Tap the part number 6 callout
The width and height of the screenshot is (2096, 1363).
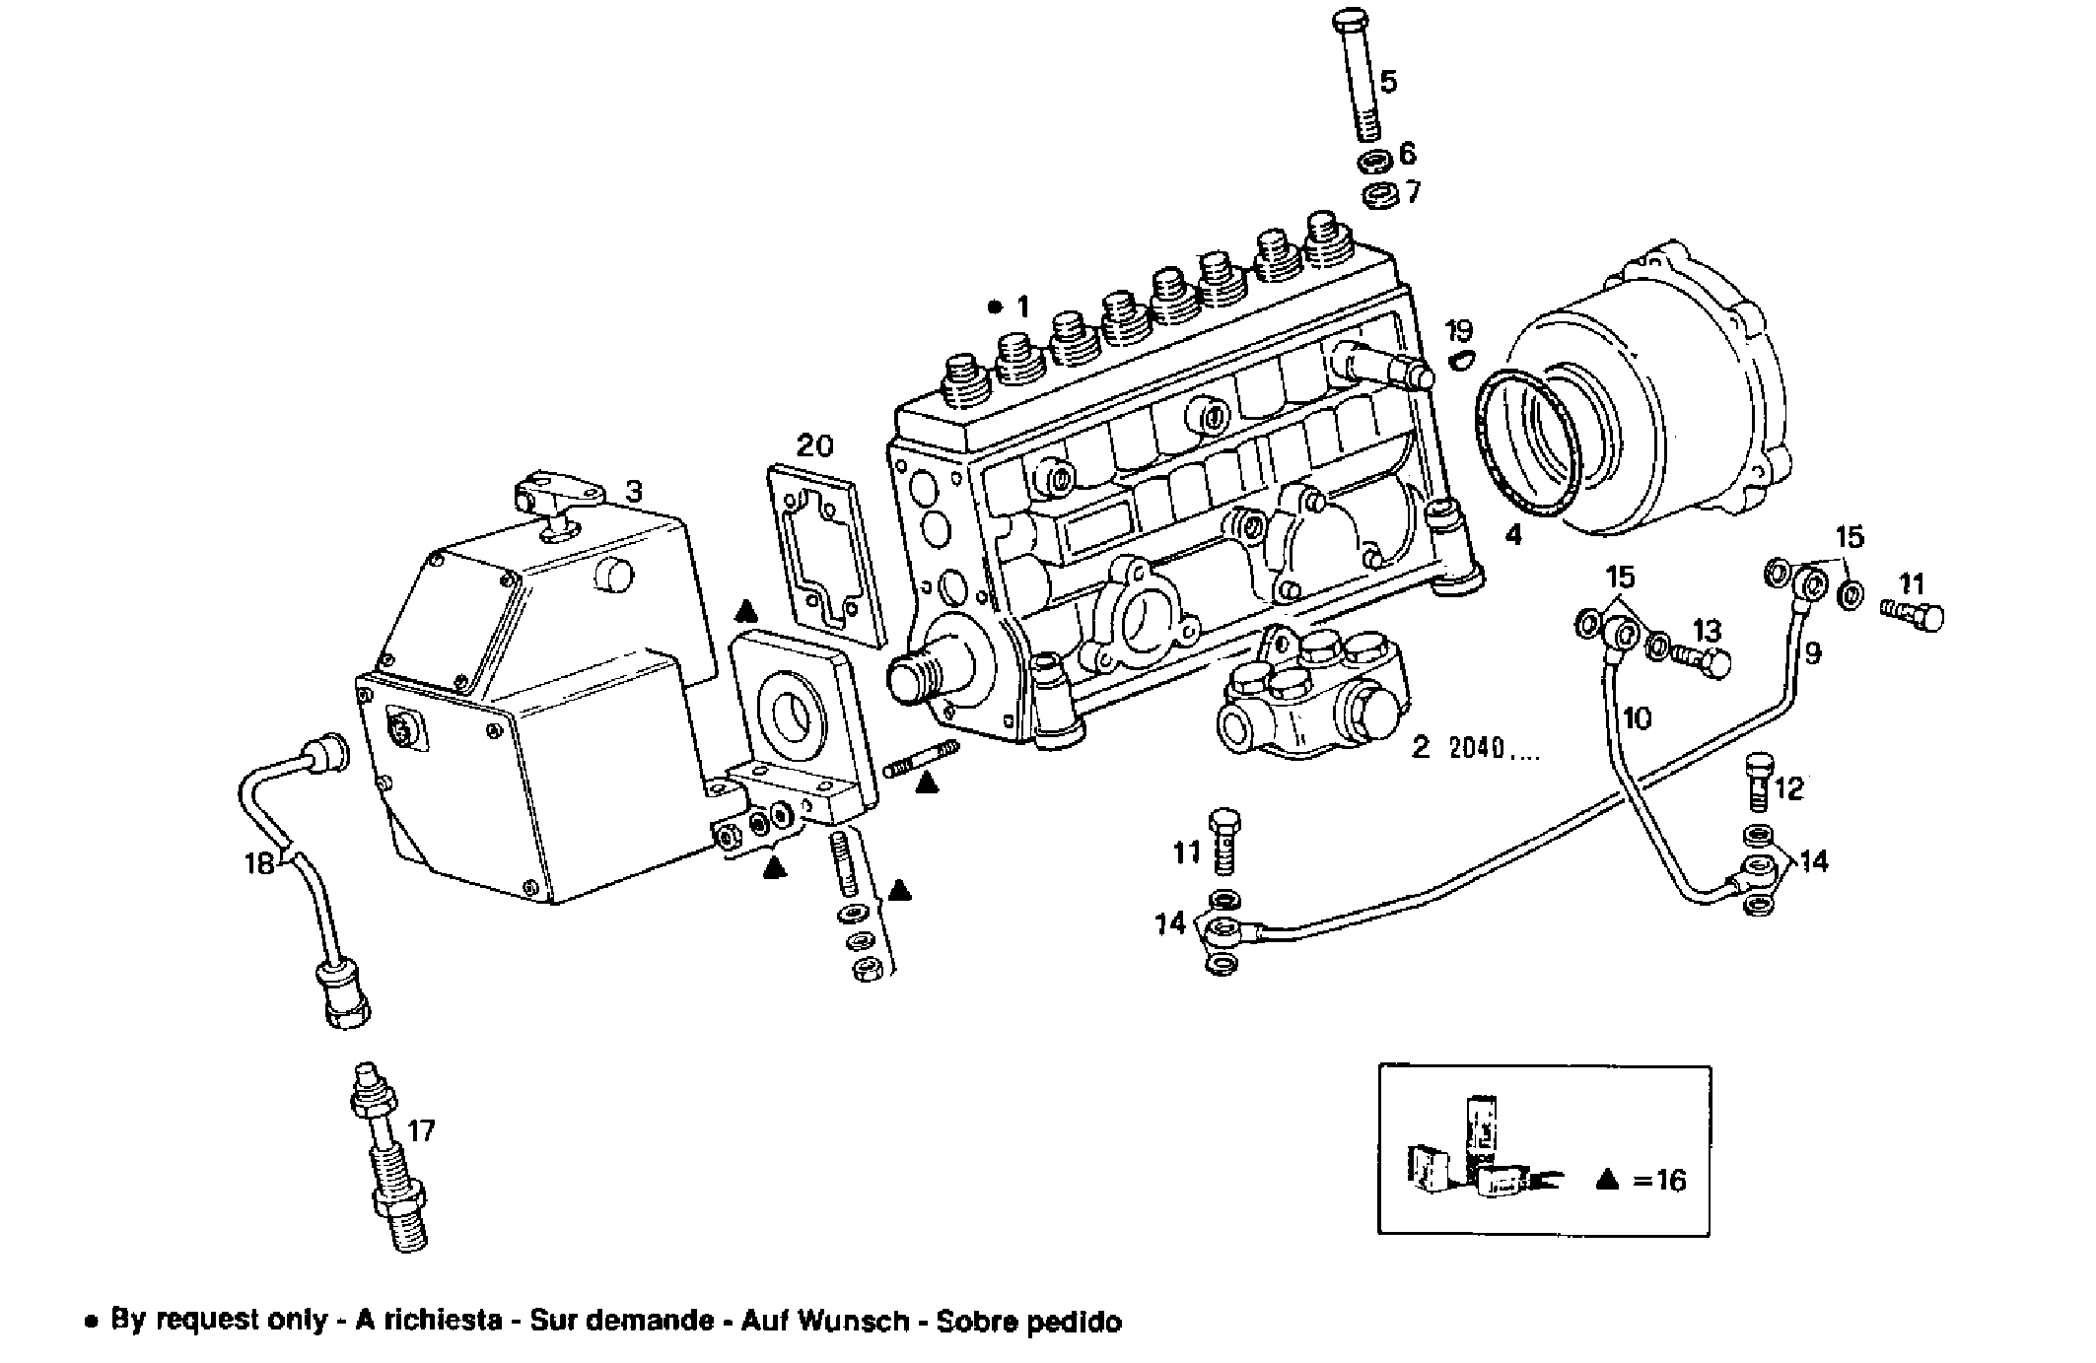(1407, 154)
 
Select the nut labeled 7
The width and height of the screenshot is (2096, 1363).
(1376, 195)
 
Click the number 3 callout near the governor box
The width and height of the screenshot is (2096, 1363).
(634, 490)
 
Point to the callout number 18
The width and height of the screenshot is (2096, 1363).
(258, 864)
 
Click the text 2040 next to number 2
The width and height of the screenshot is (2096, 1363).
(1491, 748)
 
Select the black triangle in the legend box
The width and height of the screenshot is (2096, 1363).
(1607, 1179)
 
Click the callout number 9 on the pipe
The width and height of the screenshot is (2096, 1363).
(1812, 652)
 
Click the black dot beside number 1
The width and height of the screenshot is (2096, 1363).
(995, 307)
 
